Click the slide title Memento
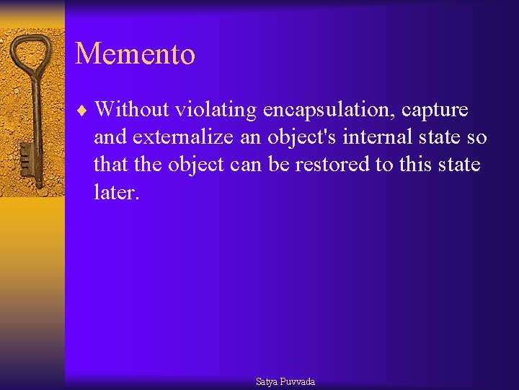[135, 54]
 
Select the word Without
[130, 110]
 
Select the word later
[115, 192]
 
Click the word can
[248, 165]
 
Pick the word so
[477, 138]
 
